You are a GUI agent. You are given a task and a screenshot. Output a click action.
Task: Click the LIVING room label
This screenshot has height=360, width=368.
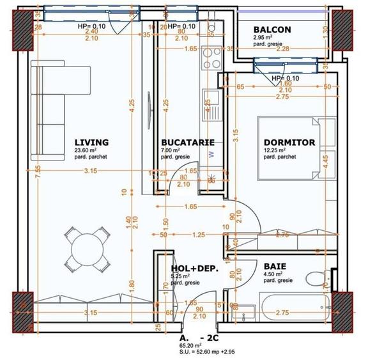91,142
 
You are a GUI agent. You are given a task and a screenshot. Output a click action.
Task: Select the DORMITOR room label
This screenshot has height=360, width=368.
289,142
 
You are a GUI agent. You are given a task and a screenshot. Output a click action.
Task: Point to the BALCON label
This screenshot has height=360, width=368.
272,29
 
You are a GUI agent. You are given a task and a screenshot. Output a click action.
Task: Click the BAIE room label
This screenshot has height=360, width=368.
275,265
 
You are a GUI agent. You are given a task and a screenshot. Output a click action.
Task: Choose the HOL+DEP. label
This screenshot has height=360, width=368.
195,269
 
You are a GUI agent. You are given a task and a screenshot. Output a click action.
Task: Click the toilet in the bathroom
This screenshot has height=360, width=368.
316,279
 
